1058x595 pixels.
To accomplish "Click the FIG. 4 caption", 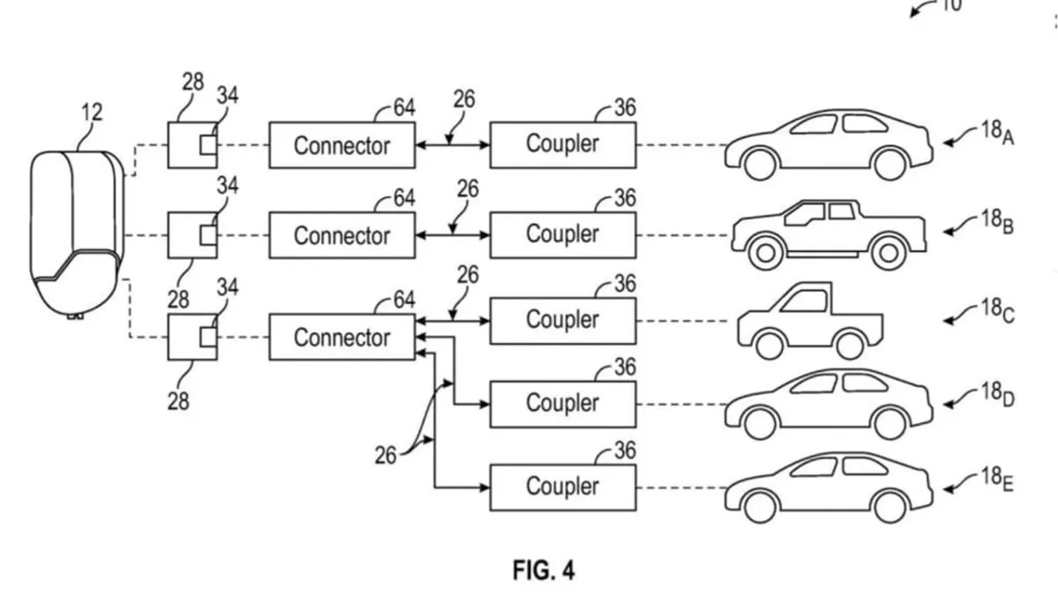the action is coord(544,570).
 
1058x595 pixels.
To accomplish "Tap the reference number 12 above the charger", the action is coord(92,113).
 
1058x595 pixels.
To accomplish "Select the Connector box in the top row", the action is coord(342,145).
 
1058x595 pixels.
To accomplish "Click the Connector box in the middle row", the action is coord(342,235).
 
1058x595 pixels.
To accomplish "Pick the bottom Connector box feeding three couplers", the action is coord(342,337).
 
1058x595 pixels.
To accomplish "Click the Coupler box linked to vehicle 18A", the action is coord(563,145).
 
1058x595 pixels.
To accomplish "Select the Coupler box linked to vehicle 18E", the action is coord(563,487).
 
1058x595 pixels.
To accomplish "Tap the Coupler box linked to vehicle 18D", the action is coord(563,405).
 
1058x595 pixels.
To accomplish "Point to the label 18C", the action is coord(997,310).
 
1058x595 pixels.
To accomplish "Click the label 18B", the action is coord(997,222).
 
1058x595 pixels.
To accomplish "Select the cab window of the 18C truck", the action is coord(804,301).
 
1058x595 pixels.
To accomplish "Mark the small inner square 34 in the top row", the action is coord(208,145).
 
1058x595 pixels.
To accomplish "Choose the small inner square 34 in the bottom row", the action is coord(208,337).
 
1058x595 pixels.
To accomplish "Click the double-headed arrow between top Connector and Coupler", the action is coord(452,145).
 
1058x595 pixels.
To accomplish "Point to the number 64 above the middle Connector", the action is coord(405,197).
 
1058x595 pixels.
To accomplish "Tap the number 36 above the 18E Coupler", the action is coord(625,450).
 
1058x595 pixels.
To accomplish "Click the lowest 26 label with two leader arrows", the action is coord(385,456).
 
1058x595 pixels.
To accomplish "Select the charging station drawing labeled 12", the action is coord(77,234).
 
